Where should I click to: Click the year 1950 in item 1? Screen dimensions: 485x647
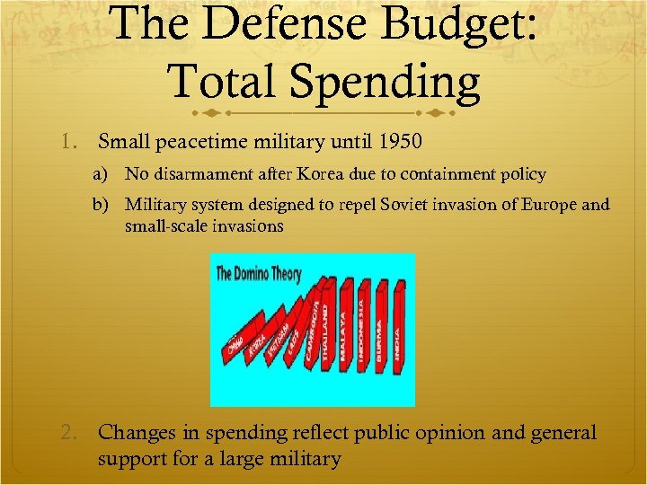(x=400, y=141)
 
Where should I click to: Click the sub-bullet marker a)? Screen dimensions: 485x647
(x=107, y=173)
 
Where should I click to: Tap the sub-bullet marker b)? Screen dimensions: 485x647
(x=107, y=205)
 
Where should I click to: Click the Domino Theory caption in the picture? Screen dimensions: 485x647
(x=259, y=273)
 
